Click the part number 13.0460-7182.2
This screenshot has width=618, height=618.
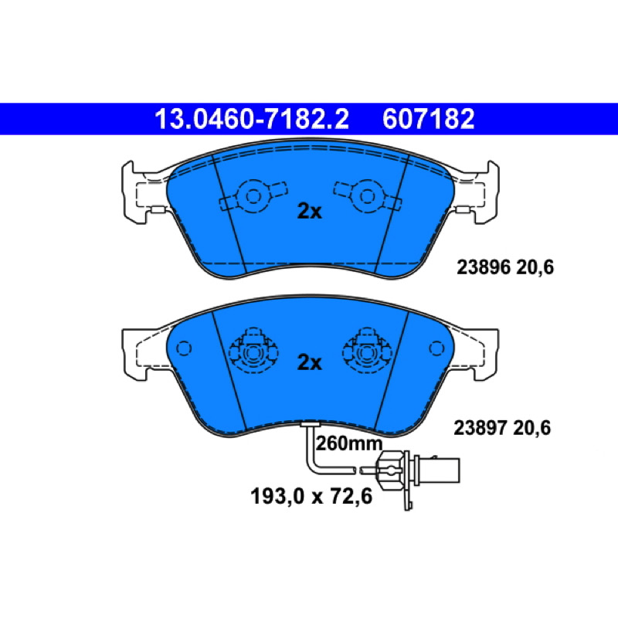(x=252, y=119)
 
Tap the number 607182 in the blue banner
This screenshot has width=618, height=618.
(x=429, y=119)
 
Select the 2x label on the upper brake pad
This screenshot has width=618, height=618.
(x=310, y=212)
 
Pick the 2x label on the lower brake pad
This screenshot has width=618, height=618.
(x=310, y=362)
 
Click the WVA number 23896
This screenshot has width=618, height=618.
(x=484, y=267)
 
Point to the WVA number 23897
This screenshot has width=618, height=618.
(x=480, y=428)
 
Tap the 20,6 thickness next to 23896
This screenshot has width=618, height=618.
(x=535, y=267)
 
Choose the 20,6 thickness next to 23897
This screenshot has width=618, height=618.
(x=531, y=428)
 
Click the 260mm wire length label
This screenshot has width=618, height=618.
(x=349, y=444)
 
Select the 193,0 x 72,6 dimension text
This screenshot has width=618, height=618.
(x=311, y=496)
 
